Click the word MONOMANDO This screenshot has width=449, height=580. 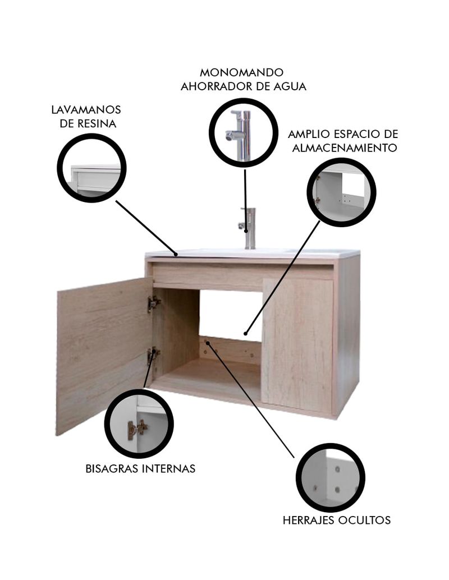pyautogui.click(x=241, y=72)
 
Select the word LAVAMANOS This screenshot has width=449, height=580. pyautogui.click(x=86, y=109)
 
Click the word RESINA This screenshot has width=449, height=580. pyautogui.click(x=97, y=123)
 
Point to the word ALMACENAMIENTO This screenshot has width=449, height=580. pyautogui.click(x=345, y=148)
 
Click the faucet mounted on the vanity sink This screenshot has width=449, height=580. pyautogui.click(x=249, y=228)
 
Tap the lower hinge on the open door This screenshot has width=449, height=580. pyautogui.click(x=153, y=356)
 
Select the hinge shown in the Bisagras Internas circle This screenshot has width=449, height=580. pyautogui.click(x=136, y=429)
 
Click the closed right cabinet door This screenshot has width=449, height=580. pyautogui.click(x=298, y=346)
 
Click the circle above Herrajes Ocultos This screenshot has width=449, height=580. pyautogui.click(x=330, y=478)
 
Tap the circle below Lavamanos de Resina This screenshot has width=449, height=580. pyautogui.click(x=92, y=168)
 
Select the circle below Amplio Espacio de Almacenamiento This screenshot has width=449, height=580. pyautogui.click(x=341, y=192)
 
